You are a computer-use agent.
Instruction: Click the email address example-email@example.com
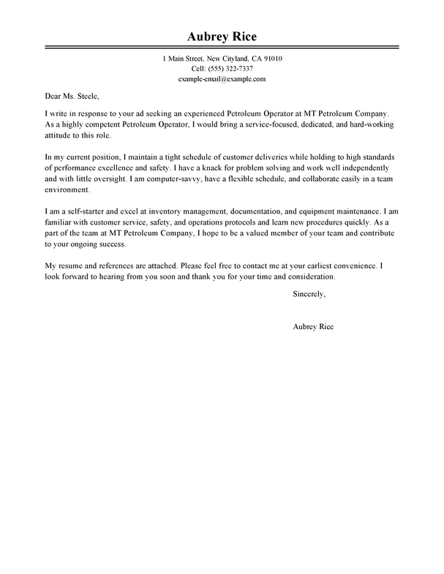click(222, 78)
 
